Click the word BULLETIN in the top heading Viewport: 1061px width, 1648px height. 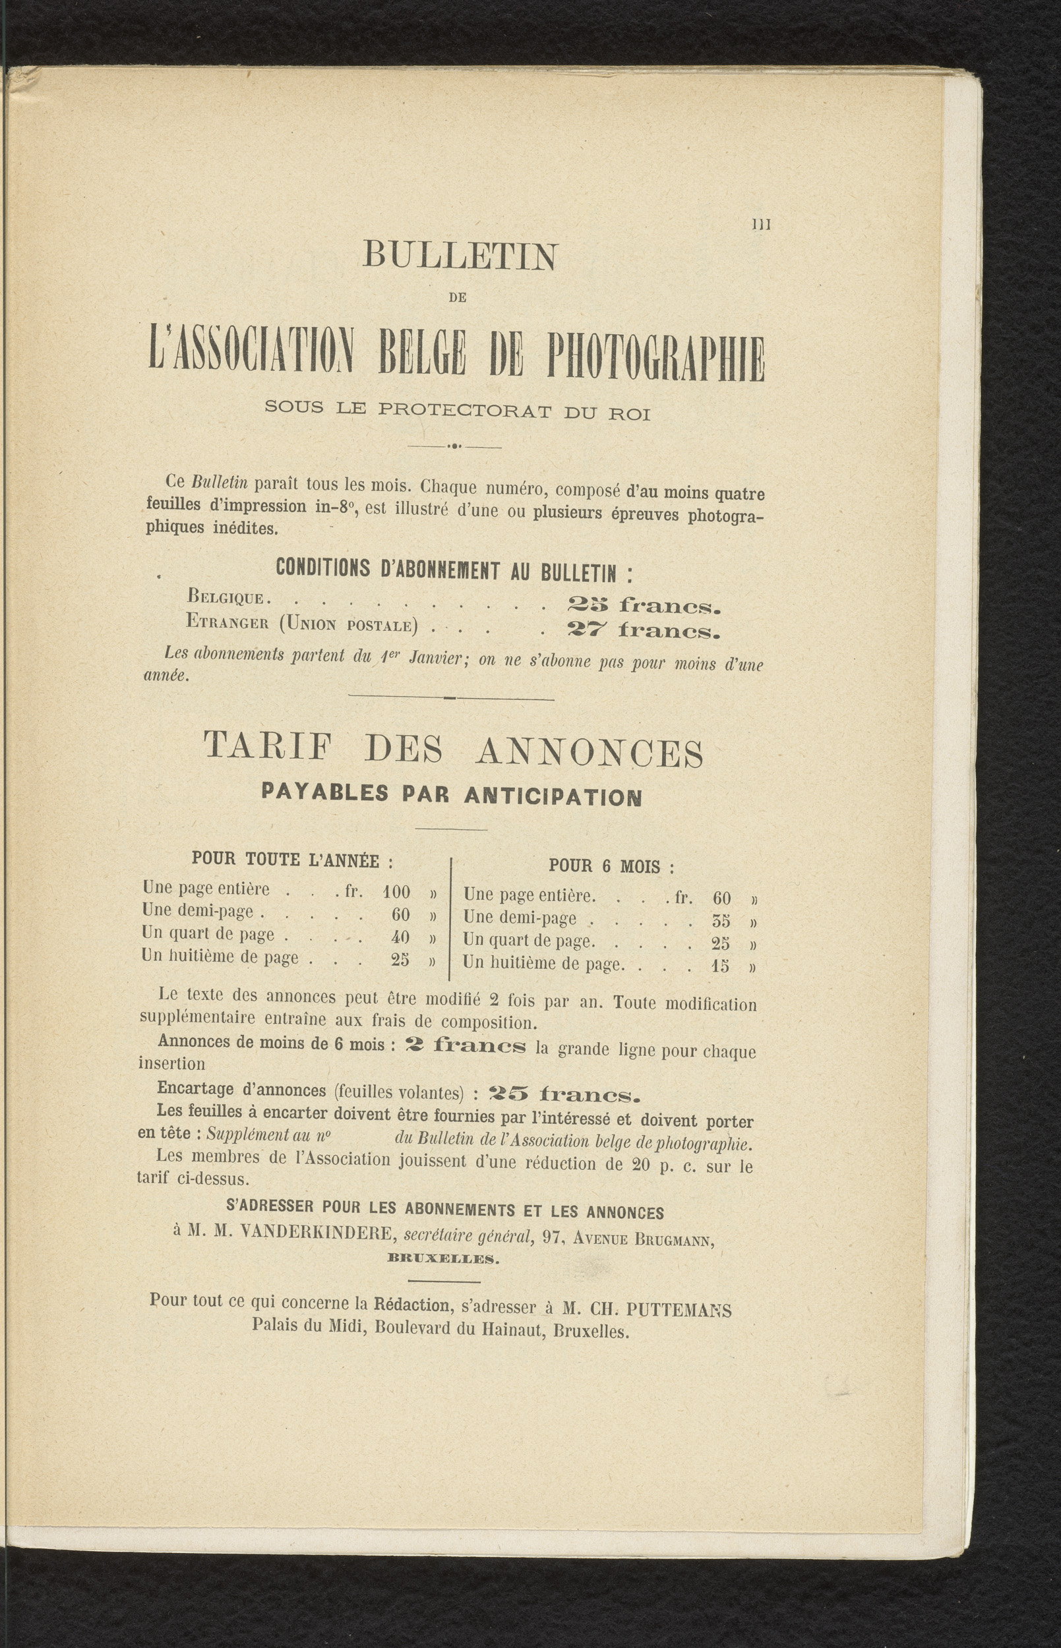460,257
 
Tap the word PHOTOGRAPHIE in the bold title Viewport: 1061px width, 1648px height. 655,357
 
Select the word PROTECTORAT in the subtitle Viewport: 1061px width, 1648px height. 464,412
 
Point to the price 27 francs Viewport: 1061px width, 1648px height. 643,630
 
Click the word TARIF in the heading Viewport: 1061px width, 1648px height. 268,749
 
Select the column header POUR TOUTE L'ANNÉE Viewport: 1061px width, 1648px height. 292,860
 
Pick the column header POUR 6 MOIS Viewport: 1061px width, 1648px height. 611,866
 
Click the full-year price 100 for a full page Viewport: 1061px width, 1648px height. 396,893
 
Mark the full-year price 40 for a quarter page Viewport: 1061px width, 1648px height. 400,937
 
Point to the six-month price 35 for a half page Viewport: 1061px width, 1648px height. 721,921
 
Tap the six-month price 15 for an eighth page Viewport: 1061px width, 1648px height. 720,966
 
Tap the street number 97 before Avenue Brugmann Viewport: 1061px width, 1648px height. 553,1236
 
